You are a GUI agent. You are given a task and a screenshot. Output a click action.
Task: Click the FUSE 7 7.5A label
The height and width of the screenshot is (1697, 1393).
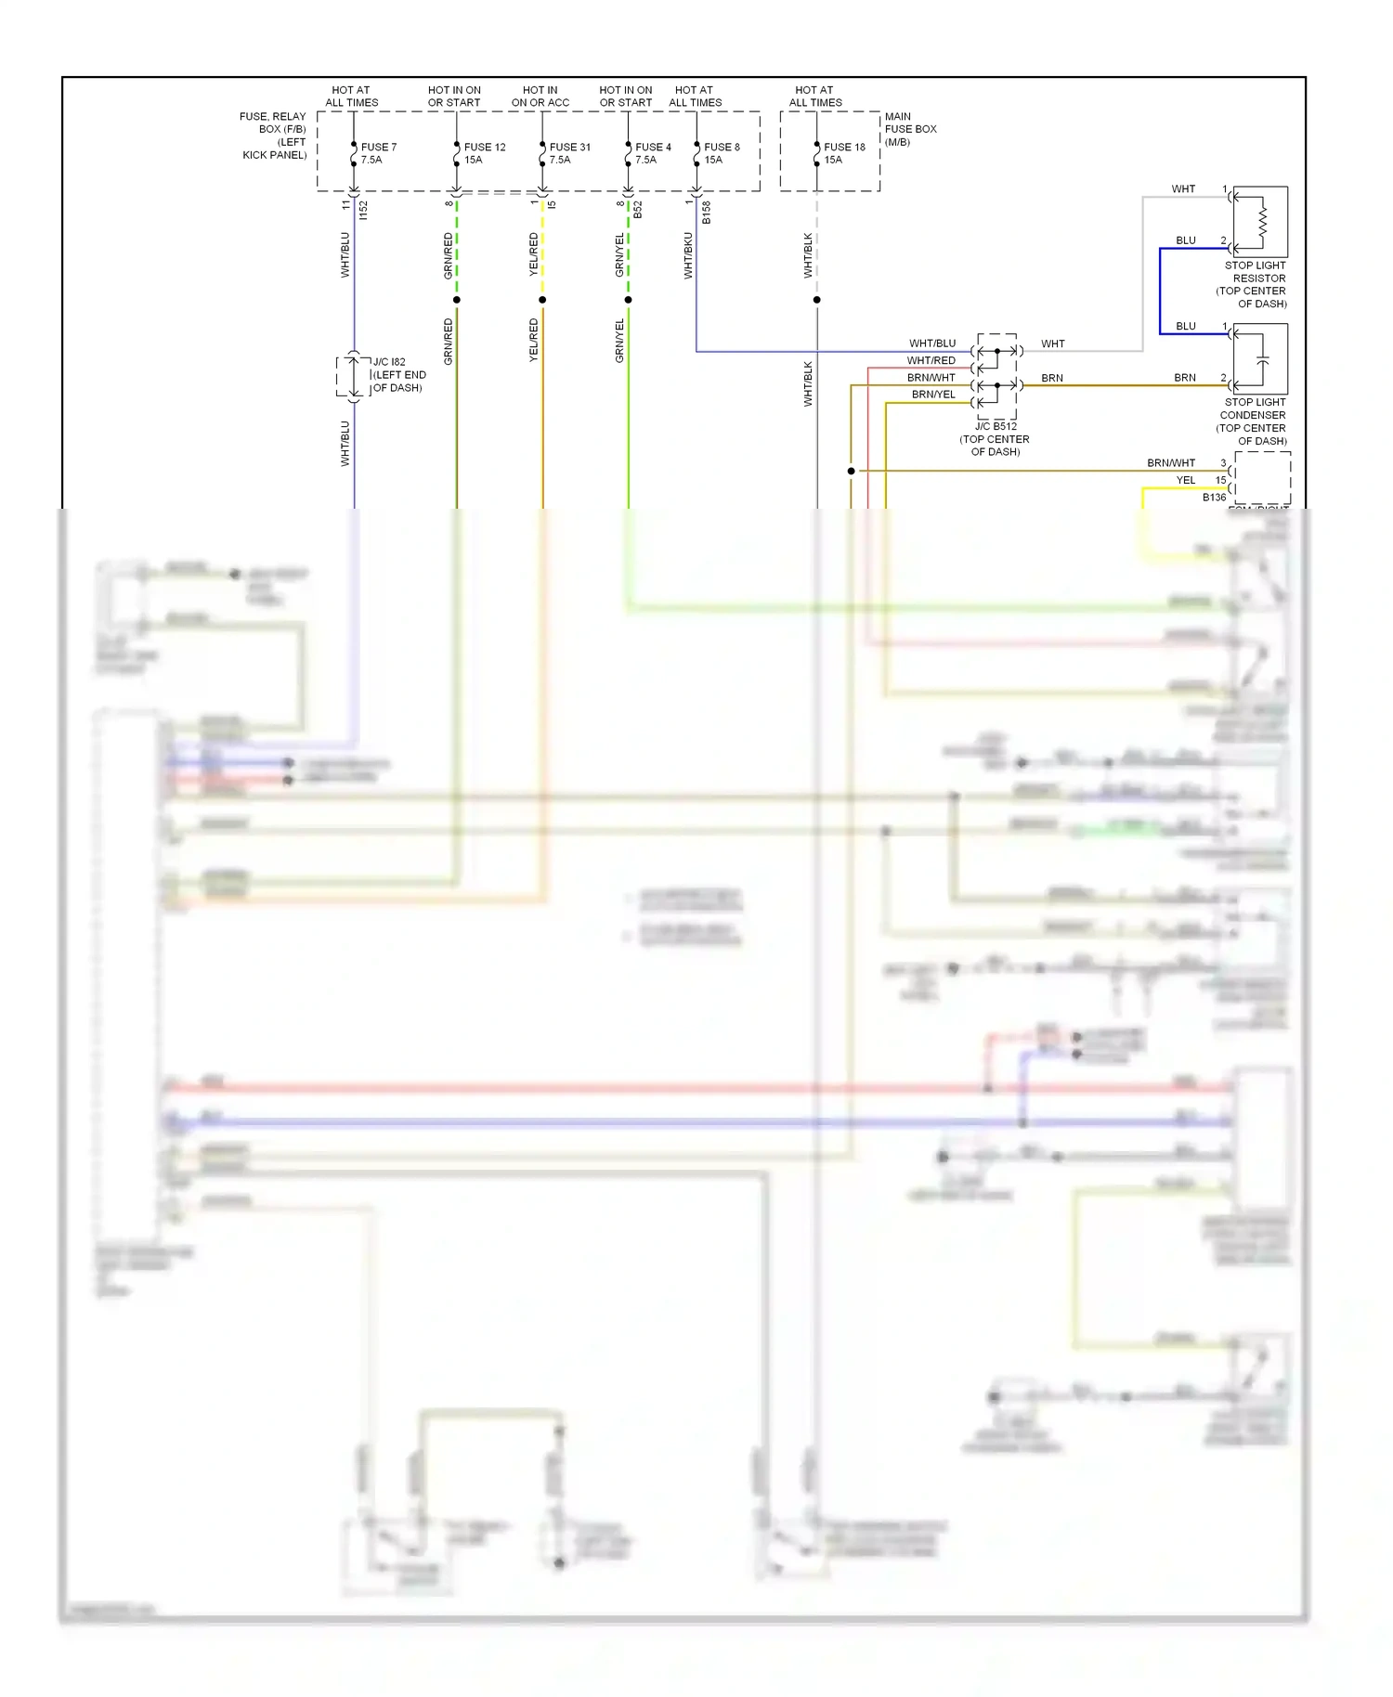pos(378,153)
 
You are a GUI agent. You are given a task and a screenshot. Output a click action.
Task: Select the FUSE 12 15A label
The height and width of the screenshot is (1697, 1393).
pos(484,153)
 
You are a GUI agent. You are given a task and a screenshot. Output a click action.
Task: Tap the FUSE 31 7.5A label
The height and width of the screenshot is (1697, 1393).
pos(569,153)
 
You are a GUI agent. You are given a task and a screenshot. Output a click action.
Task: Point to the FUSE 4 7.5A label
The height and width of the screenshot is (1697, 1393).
pos(652,153)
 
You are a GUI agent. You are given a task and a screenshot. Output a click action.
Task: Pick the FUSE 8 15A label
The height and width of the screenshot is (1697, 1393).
pos(722,153)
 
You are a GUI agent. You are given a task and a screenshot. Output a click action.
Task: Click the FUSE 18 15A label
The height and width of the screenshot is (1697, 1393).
pos(843,153)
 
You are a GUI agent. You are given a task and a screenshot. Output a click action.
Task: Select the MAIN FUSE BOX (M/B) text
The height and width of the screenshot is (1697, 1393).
pos(909,129)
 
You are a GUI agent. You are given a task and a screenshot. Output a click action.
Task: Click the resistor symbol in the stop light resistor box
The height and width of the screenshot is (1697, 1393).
pos(1262,221)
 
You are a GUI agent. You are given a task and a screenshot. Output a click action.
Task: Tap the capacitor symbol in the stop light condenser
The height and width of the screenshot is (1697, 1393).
pos(1262,359)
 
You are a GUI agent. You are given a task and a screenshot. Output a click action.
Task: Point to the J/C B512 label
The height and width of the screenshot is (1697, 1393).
pos(996,427)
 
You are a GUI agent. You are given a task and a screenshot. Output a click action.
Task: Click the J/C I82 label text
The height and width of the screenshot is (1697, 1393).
pos(399,375)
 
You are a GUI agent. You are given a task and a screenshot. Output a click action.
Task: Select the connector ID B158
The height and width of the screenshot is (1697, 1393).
pos(706,213)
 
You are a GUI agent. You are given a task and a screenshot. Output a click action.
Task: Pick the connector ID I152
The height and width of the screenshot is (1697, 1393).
pos(363,211)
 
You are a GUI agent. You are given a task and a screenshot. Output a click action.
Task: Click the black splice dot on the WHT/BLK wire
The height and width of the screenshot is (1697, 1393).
pos(816,300)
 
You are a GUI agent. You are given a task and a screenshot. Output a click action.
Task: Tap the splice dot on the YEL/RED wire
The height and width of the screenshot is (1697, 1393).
pos(542,300)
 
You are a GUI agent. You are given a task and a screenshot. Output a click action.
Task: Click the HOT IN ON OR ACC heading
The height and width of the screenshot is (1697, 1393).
pos(540,97)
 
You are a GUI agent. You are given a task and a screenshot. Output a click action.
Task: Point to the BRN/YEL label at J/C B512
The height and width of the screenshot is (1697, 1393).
pos(932,395)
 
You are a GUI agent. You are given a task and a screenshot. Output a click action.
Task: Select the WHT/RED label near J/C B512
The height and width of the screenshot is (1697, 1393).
pos(931,360)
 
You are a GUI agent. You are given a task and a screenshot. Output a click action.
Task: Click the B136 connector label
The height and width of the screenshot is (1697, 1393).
pos(1214,498)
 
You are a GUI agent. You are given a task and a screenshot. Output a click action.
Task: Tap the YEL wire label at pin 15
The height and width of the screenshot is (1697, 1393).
pos(1186,480)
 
